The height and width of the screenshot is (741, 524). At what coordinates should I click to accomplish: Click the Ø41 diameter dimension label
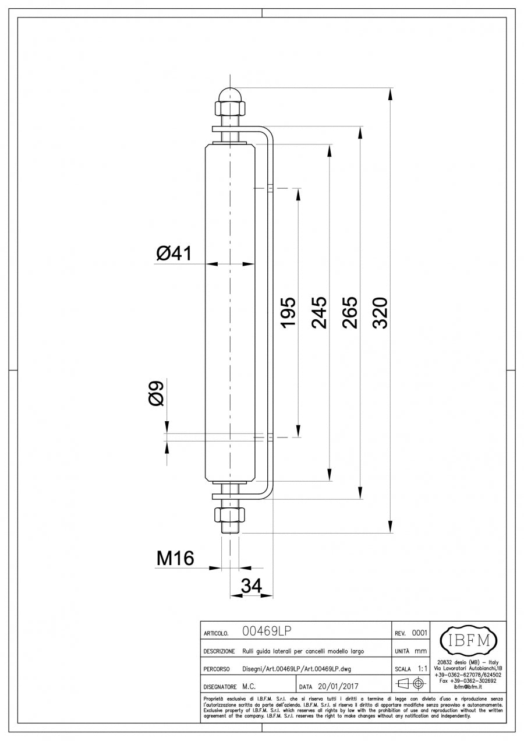174,253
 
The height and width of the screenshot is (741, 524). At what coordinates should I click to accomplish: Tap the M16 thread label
175,559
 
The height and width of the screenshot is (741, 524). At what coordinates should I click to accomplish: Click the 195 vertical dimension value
288,312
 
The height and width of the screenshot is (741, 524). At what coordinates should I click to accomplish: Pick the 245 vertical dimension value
318,312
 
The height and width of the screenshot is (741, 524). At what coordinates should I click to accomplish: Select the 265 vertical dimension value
349,312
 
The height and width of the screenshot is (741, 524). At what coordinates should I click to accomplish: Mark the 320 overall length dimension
380,312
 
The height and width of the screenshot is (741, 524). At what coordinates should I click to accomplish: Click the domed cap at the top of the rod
231,94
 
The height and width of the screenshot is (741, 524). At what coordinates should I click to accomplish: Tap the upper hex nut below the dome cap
231,108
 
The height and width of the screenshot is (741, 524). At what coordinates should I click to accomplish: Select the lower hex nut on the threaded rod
231,514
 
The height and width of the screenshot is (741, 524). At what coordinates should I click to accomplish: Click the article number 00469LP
267,631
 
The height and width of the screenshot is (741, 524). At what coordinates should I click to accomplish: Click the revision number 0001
419,633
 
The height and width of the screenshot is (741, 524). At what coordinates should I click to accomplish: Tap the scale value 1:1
424,668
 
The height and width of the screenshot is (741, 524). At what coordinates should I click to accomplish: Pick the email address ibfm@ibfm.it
468,686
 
